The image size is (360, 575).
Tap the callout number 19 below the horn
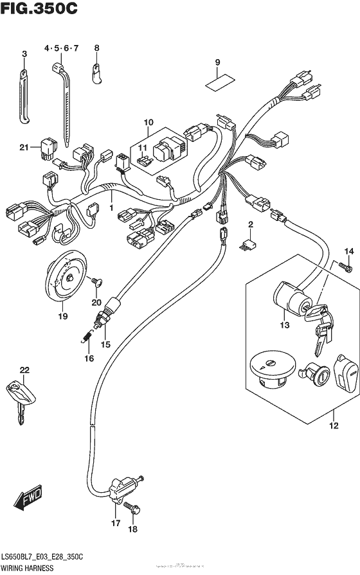[62, 316]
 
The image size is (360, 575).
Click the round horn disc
[66, 277]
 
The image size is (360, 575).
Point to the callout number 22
[24, 369]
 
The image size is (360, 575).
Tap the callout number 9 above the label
[217, 62]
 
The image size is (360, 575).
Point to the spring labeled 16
[86, 335]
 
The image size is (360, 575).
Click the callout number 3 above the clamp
[24, 55]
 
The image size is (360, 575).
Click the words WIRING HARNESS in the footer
[30, 569]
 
